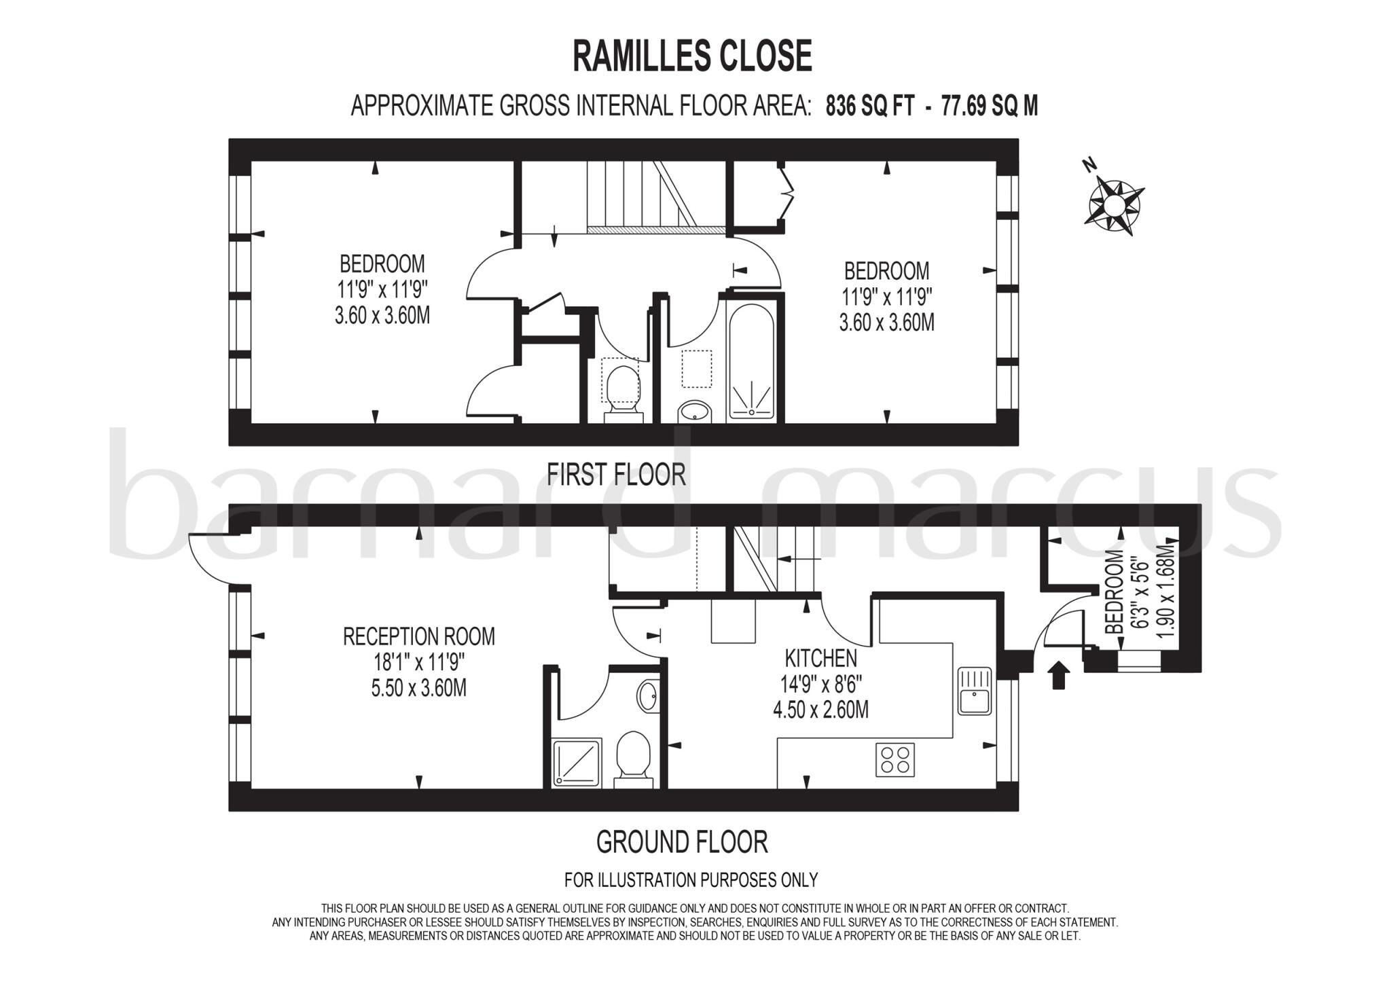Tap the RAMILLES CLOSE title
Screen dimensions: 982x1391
point(692,56)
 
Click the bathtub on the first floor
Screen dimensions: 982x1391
point(751,360)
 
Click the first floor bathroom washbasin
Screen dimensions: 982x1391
point(694,412)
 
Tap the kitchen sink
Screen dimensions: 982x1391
point(975,691)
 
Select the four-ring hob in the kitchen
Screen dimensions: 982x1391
point(895,759)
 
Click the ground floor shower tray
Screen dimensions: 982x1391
point(576,763)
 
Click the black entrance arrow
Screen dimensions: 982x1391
point(1058,676)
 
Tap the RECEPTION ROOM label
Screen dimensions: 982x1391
point(418,637)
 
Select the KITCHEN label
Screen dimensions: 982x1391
point(820,658)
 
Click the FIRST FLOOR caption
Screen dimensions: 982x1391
point(616,474)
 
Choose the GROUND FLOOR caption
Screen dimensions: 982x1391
point(681,842)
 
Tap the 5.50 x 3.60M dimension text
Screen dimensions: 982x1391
point(418,689)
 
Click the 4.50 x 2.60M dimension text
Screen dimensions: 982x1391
point(820,710)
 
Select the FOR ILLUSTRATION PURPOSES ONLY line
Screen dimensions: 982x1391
point(691,880)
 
